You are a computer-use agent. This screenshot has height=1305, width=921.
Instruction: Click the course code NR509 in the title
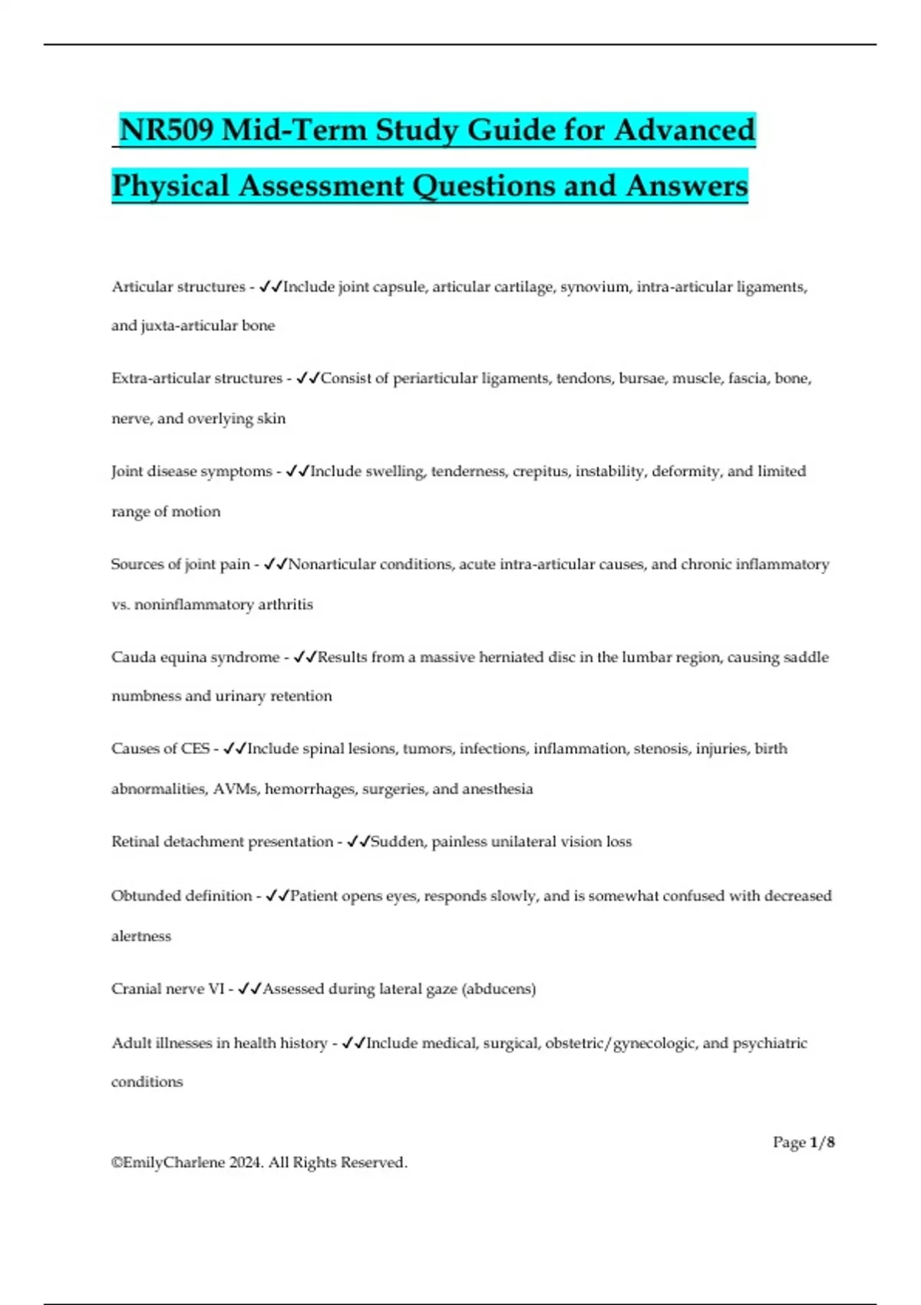coord(167,130)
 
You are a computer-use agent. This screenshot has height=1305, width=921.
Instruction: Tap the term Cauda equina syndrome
coord(195,657)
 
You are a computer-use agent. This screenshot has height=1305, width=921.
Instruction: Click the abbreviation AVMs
coord(235,789)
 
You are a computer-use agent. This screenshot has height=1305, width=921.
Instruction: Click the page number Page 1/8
coord(803,1142)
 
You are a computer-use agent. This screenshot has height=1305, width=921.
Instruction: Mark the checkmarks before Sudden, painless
coord(358,842)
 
